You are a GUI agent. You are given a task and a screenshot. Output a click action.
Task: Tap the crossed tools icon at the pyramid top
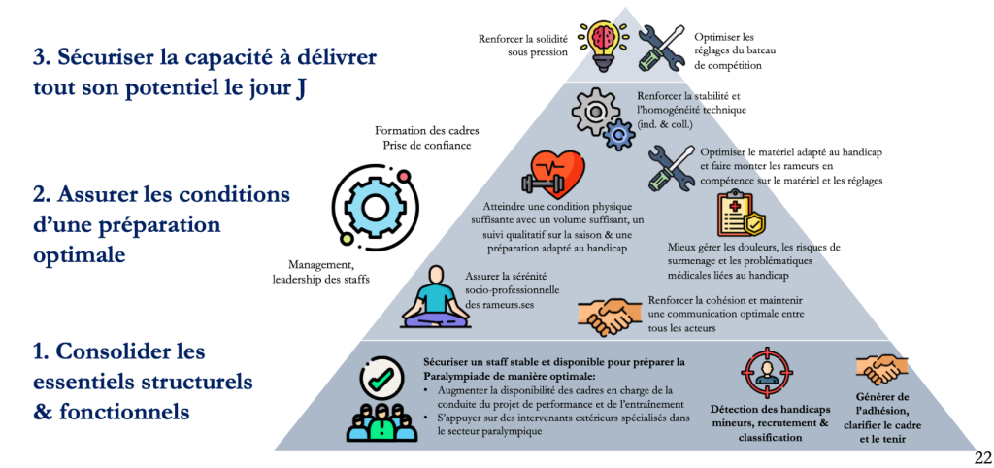(661, 47)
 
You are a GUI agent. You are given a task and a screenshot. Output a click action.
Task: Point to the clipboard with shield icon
(741, 215)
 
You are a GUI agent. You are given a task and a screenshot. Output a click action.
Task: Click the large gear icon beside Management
(369, 207)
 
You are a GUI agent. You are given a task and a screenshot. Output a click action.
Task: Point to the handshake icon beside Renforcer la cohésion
(608, 315)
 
